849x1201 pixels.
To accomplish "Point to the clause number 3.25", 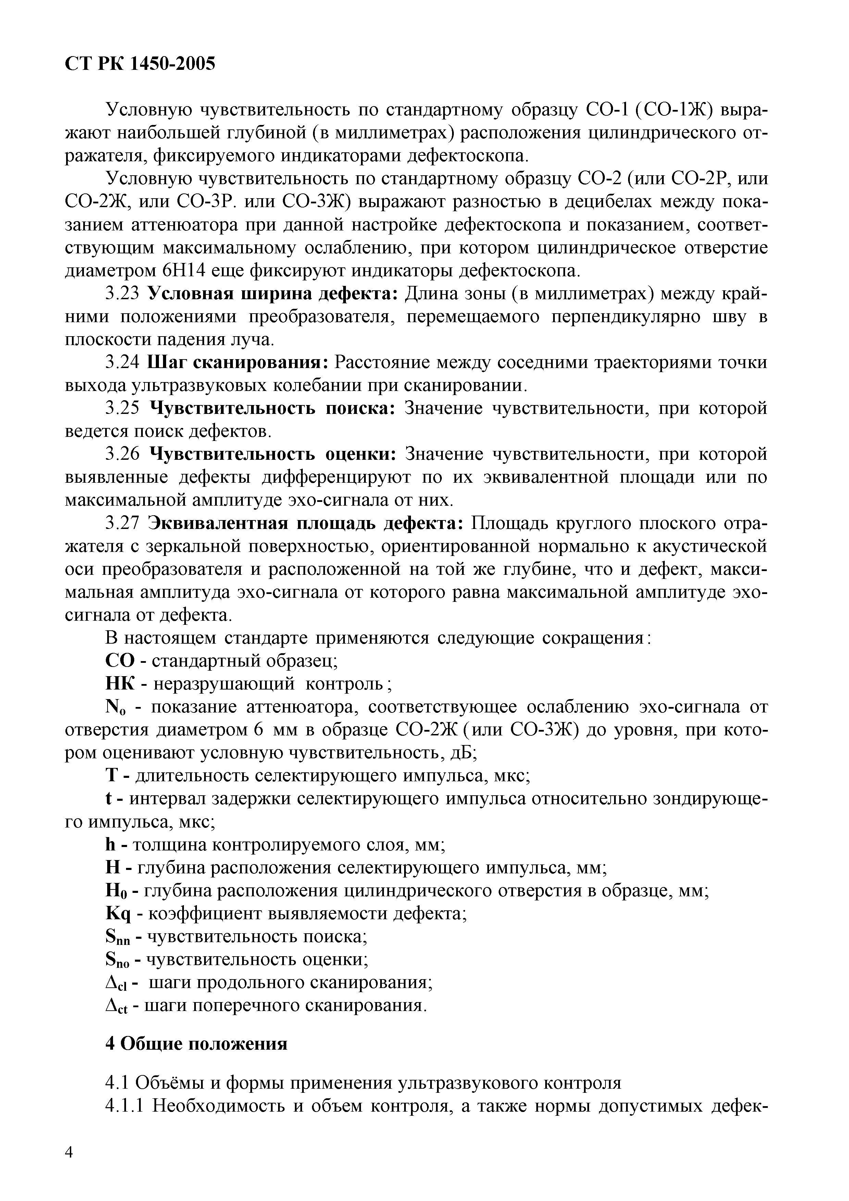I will pyautogui.click(x=122, y=408).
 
